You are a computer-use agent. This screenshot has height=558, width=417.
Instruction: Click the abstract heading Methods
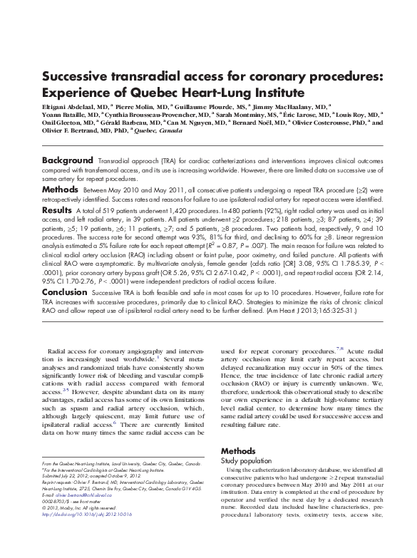tap(60, 190)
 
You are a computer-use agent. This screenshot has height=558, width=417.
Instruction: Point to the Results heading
tap(57, 211)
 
